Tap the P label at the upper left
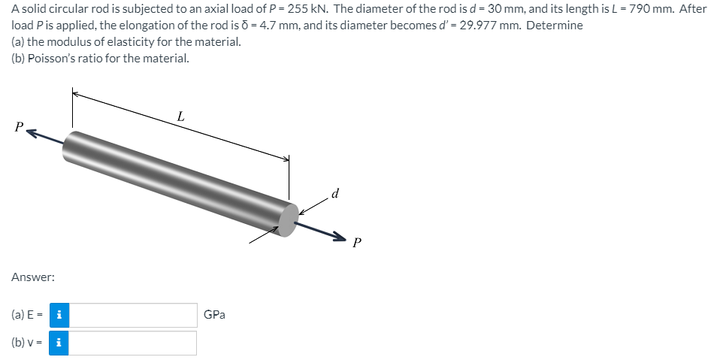(x=18, y=126)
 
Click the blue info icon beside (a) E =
(x=59, y=316)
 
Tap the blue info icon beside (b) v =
(x=59, y=343)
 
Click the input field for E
(x=133, y=316)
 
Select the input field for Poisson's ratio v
(x=133, y=343)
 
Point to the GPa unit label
(x=214, y=315)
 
